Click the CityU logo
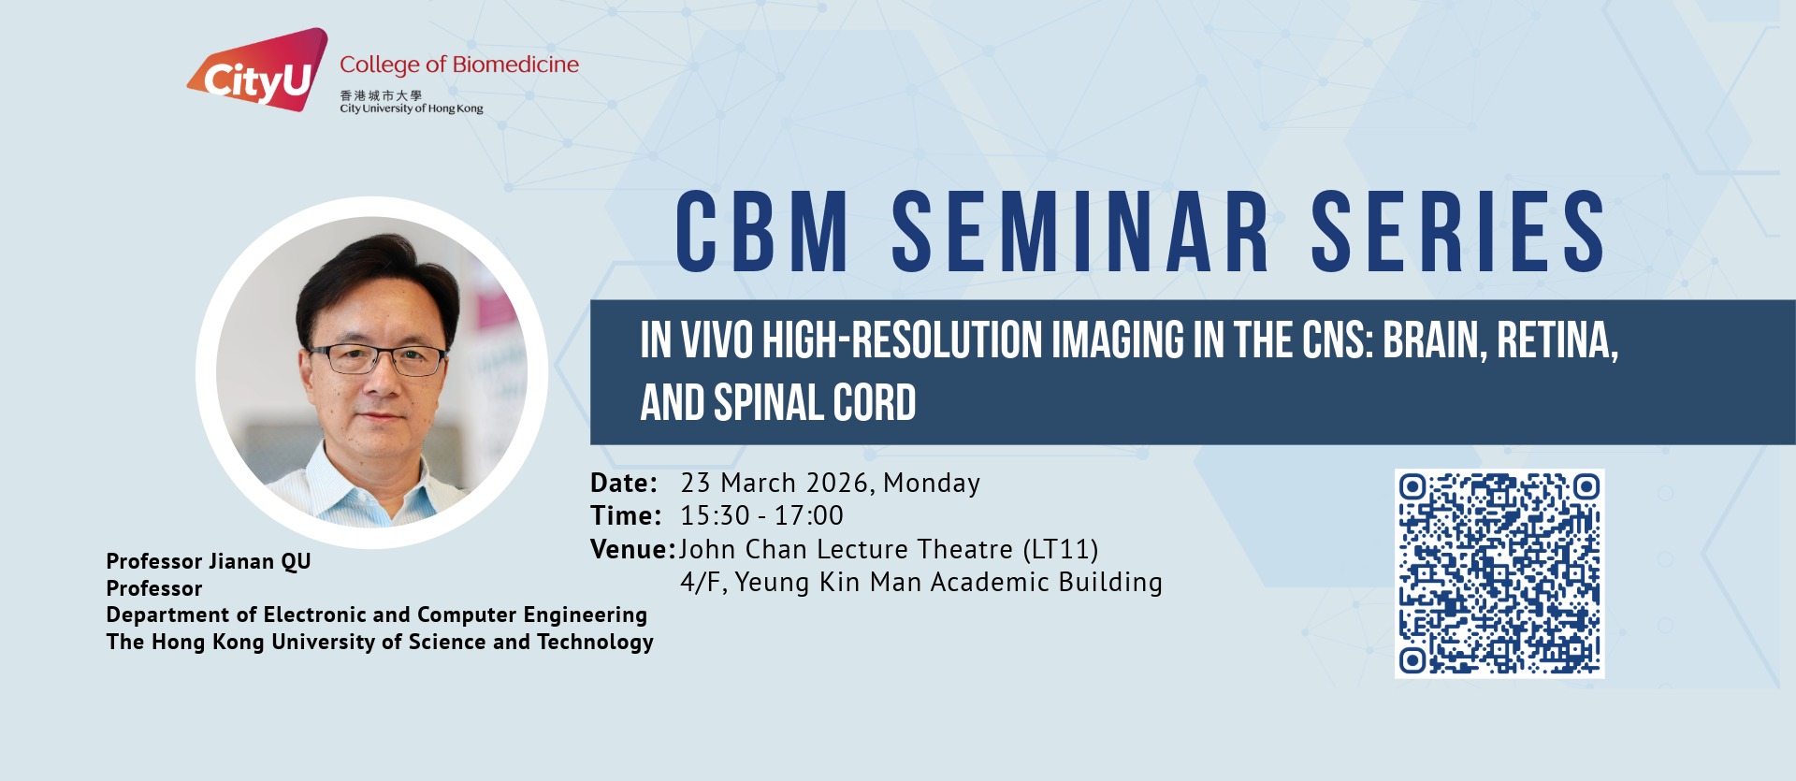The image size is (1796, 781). click(257, 69)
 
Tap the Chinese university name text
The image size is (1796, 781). click(381, 95)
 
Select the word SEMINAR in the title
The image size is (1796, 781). click(1080, 232)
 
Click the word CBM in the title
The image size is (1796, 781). click(762, 232)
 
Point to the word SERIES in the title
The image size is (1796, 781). click(1458, 232)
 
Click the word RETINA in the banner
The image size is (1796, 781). click(1557, 340)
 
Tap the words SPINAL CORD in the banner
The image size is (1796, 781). click(815, 403)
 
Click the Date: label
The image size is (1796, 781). click(624, 484)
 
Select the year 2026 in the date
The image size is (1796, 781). click(839, 484)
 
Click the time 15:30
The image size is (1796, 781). click(715, 515)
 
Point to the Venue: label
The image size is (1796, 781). click(632, 549)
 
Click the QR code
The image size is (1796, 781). click(1499, 573)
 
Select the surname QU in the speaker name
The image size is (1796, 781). click(297, 562)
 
